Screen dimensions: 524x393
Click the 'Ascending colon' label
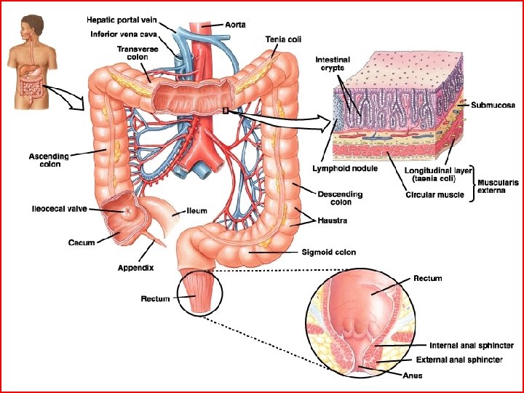[49, 159]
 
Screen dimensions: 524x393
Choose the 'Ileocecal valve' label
[59, 209]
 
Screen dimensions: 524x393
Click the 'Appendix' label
[135, 268]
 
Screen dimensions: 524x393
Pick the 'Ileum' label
[196, 211]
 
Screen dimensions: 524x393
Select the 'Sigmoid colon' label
[329, 253]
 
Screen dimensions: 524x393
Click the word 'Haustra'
[333, 219]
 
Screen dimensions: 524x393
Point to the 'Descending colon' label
[340, 198]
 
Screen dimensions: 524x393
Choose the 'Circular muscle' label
[434, 194]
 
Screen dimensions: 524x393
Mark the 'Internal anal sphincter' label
[472, 346]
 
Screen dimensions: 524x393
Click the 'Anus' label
[412, 376]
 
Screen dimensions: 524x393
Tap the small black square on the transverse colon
[226, 111]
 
